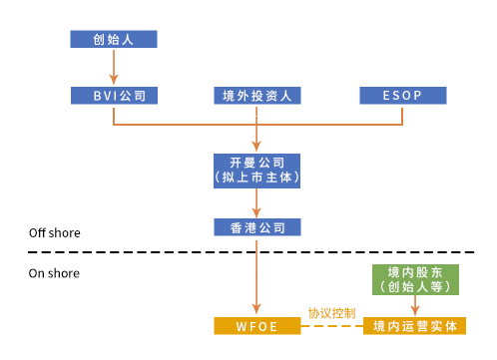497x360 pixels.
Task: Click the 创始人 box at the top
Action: [x=114, y=40]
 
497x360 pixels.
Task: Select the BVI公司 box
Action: [x=114, y=96]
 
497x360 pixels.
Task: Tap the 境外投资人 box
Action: [x=257, y=96]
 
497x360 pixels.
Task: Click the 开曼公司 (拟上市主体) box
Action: [x=257, y=169]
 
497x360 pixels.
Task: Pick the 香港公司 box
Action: [x=257, y=227]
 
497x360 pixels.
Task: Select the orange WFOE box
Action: [x=257, y=326]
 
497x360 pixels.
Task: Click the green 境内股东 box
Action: [x=415, y=279]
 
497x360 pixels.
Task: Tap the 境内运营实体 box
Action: [x=415, y=326]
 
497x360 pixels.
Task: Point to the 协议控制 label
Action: [x=330, y=313]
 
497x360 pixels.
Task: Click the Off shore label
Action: [x=54, y=233]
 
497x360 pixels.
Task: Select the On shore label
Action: [x=53, y=272]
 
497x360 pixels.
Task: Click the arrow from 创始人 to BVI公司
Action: [x=114, y=67]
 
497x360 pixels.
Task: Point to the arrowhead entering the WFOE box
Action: [x=257, y=311]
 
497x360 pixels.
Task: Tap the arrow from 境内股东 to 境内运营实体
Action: [x=415, y=305]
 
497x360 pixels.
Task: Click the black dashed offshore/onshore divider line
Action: [x=150, y=252]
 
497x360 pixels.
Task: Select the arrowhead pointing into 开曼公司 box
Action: [x=257, y=147]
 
